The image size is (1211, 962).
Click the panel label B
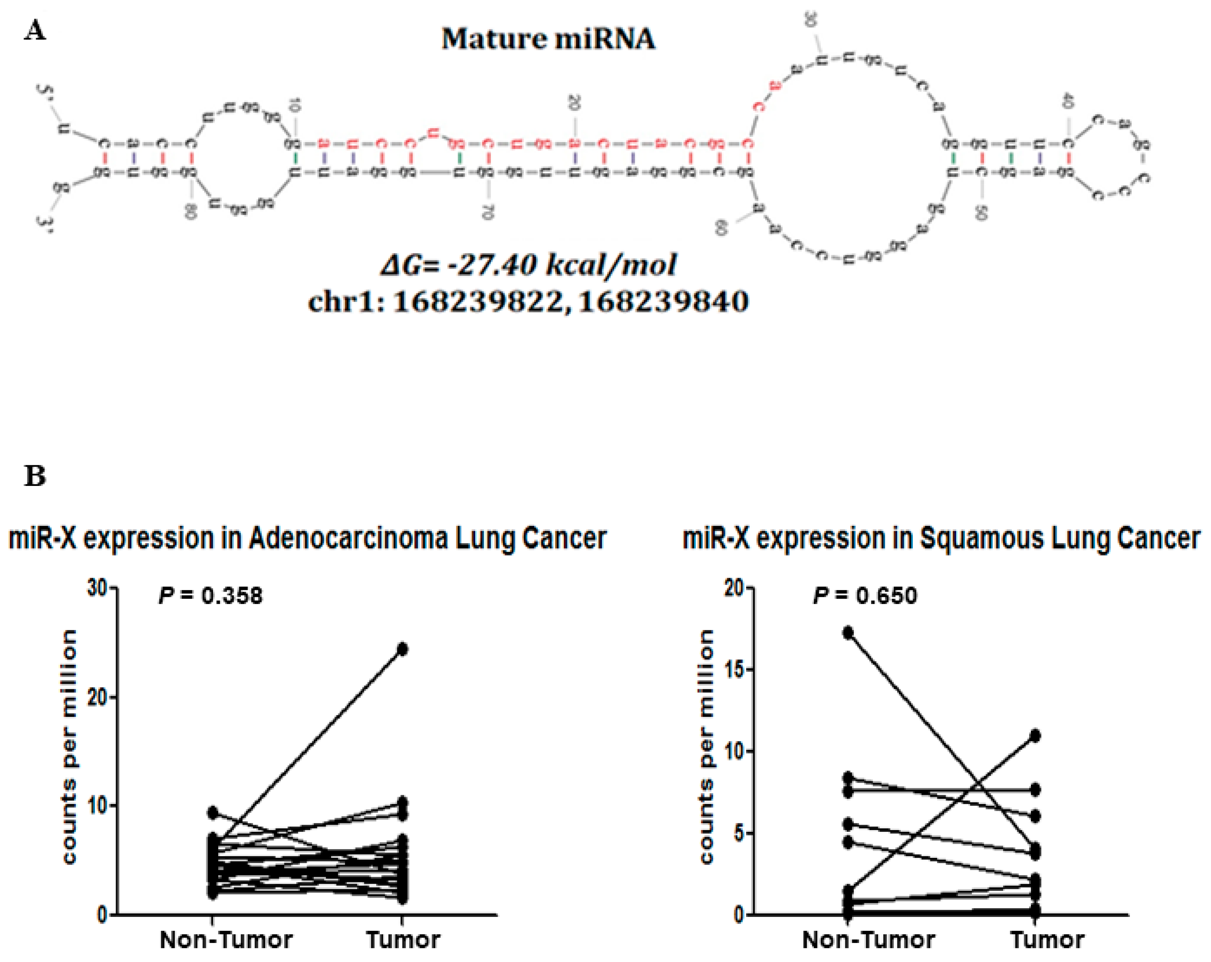click(35, 476)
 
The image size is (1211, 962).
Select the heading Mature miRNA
click(548, 39)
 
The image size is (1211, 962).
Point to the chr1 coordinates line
click(528, 301)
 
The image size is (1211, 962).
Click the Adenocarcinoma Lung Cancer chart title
click(307, 538)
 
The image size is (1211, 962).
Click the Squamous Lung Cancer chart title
click(941, 538)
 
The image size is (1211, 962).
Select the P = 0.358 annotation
click(211, 595)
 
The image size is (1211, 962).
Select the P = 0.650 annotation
click(865, 595)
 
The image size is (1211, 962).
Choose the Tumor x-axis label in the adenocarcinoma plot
click(403, 940)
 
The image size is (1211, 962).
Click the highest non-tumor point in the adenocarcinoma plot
click(212, 812)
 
